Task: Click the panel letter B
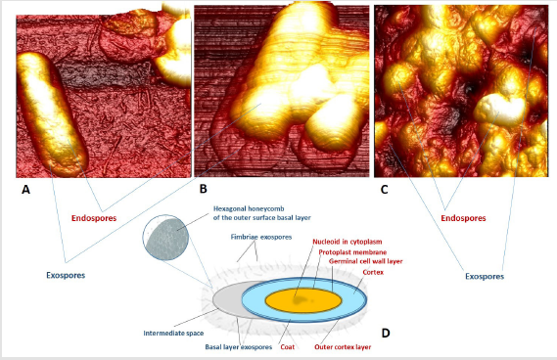pos(204,187)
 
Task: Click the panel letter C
pos(382,189)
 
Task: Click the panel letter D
pos(386,333)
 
